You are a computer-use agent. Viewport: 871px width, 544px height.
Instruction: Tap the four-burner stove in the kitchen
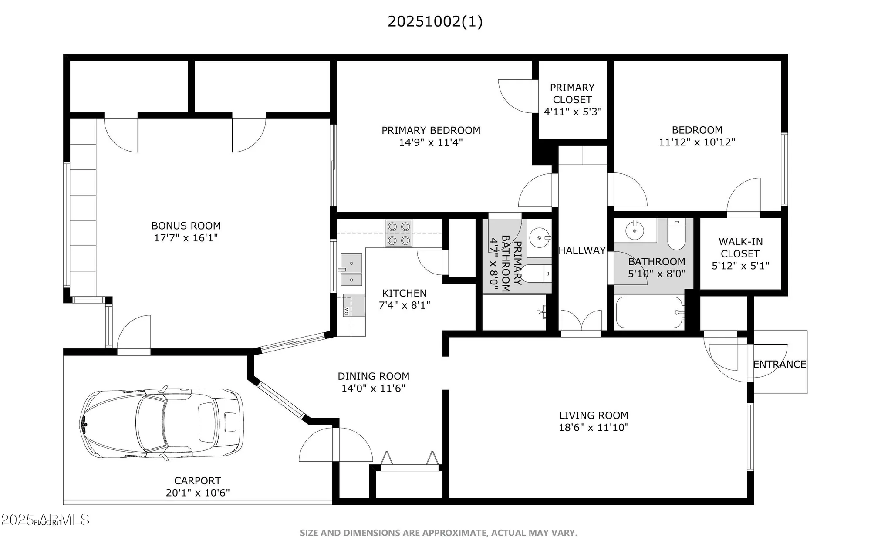pos(398,233)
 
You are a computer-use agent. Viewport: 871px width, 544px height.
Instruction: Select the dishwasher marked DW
pos(353,305)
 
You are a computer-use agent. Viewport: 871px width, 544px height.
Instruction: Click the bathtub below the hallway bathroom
pos(649,312)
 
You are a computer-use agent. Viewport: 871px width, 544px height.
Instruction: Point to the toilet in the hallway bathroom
pos(676,236)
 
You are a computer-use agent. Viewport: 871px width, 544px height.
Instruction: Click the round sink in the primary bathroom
pos(540,238)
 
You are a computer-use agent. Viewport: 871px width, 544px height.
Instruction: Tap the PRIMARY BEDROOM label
pos(431,130)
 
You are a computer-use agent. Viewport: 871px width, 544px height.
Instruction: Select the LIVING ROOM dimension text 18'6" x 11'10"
pos(594,427)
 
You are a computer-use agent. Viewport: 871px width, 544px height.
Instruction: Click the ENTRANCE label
pos(779,364)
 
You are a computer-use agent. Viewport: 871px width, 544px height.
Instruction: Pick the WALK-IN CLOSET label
pos(740,247)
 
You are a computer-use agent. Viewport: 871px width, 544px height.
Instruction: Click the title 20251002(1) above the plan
pos(435,21)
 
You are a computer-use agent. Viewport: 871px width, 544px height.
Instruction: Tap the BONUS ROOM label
pos(186,226)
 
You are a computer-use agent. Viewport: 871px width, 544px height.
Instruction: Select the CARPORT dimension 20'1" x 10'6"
pos(198,493)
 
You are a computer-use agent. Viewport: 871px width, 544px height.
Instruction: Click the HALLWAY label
pos(582,250)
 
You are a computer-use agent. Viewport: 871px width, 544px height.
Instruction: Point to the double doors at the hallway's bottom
pos(581,322)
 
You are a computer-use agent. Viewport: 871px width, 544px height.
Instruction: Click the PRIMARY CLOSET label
pos(572,94)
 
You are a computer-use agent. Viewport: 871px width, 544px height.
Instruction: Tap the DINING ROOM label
pos(373,376)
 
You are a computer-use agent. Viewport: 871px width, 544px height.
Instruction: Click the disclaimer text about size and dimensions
pos(439,533)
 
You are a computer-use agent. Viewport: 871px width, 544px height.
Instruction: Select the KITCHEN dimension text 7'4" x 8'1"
pos(405,305)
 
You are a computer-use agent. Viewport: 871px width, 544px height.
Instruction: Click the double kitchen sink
pos(351,270)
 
